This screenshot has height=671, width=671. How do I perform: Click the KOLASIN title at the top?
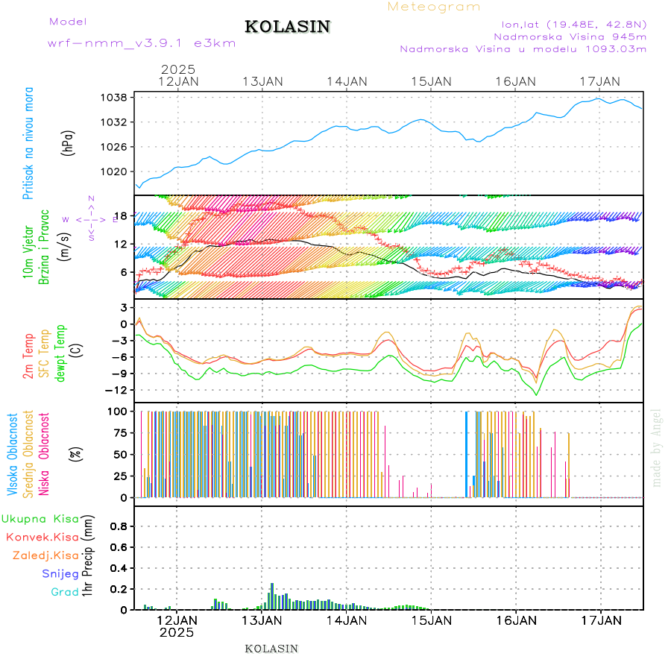pos(288,27)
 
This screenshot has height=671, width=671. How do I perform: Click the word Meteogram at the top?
pos(434,7)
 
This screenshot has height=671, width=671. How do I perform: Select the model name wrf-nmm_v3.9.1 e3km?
pos(141,43)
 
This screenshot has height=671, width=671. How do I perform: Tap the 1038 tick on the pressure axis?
pos(116,97)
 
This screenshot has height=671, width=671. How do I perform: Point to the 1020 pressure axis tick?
pos(116,171)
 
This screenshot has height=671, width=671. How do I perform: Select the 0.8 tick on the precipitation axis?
pos(119,526)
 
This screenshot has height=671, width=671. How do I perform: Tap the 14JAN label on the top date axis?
pos(347,81)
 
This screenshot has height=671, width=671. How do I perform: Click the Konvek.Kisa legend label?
pos(42,537)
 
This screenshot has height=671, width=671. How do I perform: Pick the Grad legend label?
pos(65,592)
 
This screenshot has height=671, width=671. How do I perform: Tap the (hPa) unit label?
pos(68,142)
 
